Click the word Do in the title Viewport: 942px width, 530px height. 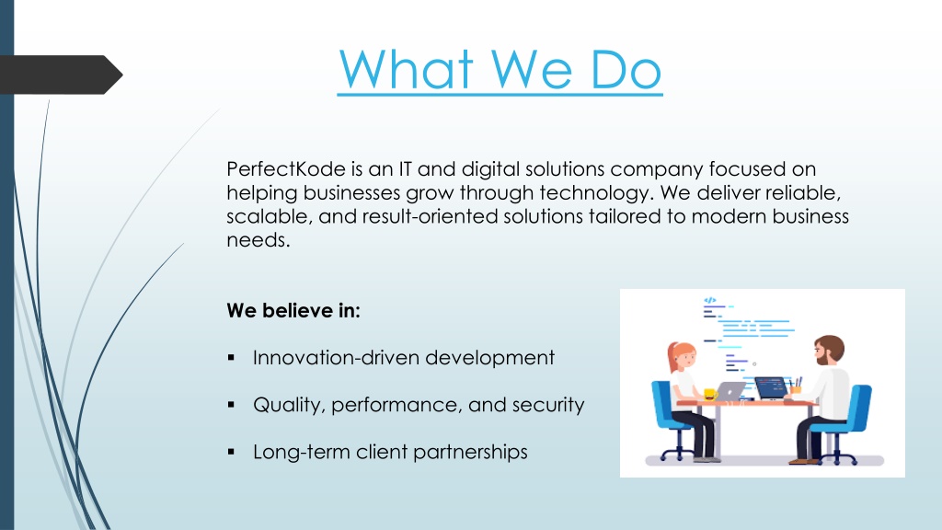[626, 70]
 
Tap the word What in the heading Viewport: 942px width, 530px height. [406, 70]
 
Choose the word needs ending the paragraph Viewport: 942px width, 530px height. [258, 240]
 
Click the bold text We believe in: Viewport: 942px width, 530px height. [293, 311]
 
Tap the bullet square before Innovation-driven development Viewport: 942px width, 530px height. [231, 358]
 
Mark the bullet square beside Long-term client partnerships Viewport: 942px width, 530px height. [231, 452]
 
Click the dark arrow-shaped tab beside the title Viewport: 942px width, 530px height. [61, 75]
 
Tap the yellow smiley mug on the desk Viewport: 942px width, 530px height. [710, 394]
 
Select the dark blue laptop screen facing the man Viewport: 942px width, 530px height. [771, 387]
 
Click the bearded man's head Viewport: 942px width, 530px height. [829, 351]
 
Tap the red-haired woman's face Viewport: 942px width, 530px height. [684, 359]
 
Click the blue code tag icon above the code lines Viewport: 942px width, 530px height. [709, 300]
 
